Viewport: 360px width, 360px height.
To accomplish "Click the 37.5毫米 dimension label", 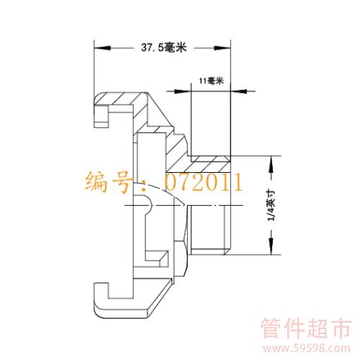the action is [163, 48].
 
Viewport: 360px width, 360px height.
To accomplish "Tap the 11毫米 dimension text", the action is [211, 81].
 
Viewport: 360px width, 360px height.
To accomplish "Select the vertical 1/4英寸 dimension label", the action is [272, 205].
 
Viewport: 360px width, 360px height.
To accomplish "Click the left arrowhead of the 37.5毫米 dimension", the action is [102, 48].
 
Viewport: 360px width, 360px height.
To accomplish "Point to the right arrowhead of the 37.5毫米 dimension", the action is [222, 48].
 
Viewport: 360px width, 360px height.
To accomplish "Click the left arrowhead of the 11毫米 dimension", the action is [183, 91].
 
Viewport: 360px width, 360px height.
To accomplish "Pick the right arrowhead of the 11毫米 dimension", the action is [239, 91].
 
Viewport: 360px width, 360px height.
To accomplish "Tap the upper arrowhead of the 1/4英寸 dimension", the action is [271, 164].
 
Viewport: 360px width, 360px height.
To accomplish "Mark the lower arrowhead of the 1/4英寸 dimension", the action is [271, 246].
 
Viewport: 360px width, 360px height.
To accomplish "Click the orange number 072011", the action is [204, 182].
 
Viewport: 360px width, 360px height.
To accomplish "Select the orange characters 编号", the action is [109, 182].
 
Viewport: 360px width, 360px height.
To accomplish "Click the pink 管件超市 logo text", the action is [306, 328].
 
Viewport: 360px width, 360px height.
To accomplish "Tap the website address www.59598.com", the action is [306, 348].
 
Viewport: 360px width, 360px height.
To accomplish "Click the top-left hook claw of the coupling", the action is [102, 115].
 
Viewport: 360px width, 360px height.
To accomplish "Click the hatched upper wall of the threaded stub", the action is [210, 164].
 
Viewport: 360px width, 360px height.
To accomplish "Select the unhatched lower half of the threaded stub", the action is [208, 230].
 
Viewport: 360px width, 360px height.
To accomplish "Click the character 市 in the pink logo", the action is [341, 328].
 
